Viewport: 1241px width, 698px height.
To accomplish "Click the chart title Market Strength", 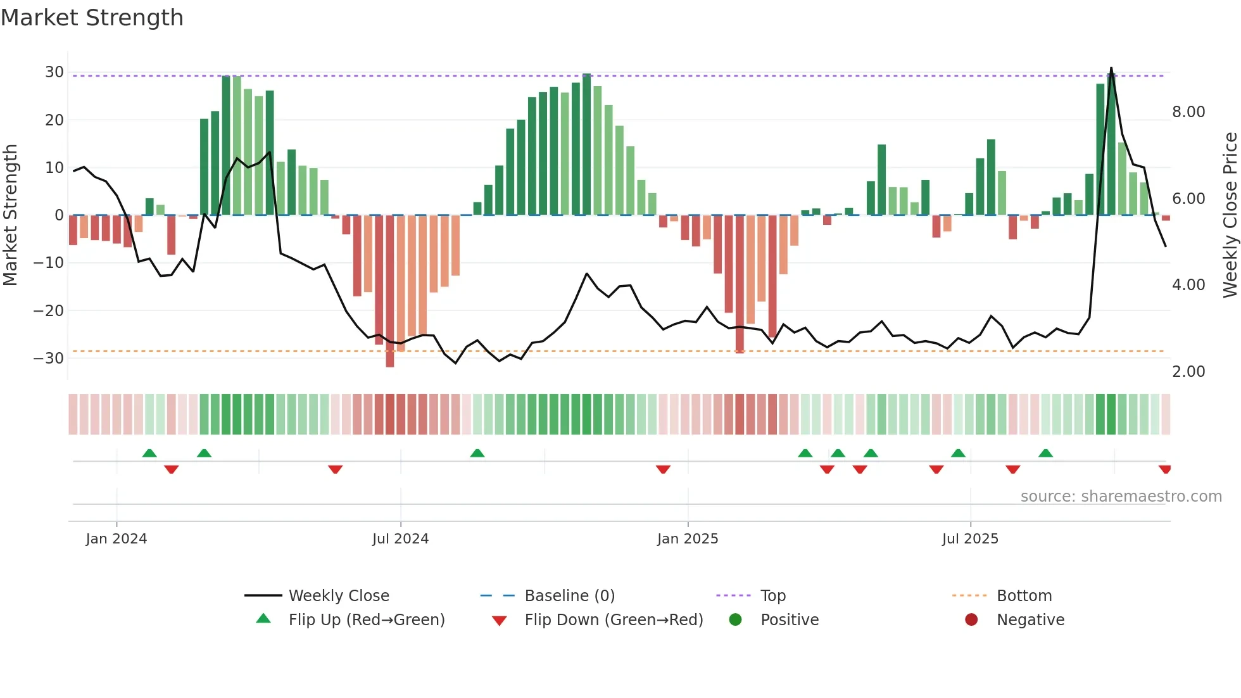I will coord(92,18).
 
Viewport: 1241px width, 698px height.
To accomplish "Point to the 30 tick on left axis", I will coord(54,72).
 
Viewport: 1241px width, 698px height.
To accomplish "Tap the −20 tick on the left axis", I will coord(49,310).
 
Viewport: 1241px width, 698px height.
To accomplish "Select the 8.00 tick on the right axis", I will coord(1188,112).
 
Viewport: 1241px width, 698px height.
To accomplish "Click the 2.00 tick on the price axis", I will coord(1188,372).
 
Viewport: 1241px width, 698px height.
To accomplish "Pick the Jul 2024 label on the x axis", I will coord(400,539).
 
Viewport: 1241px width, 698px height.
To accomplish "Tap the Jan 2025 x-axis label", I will coord(688,539).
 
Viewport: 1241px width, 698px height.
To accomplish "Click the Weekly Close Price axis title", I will coord(1230,215).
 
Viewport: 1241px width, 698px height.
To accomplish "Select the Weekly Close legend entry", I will coord(339,596).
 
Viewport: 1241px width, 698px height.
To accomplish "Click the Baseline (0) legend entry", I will coord(569,596).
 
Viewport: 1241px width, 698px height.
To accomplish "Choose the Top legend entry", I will coord(772,596).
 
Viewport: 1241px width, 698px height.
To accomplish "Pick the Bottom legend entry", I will coord(1024,596).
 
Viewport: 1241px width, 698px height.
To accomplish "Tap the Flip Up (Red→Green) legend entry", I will coord(367,620).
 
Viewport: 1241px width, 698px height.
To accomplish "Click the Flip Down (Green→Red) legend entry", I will coord(614,620).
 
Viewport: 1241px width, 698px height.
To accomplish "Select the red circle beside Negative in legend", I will coord(971,620).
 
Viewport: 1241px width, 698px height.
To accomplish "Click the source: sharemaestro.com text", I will coord(1121,497).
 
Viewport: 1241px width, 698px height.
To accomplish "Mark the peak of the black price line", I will coord(1111,68).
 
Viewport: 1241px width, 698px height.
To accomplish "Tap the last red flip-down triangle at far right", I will coord(1165,469).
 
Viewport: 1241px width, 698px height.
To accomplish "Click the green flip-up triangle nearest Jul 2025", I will coord(958,453).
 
